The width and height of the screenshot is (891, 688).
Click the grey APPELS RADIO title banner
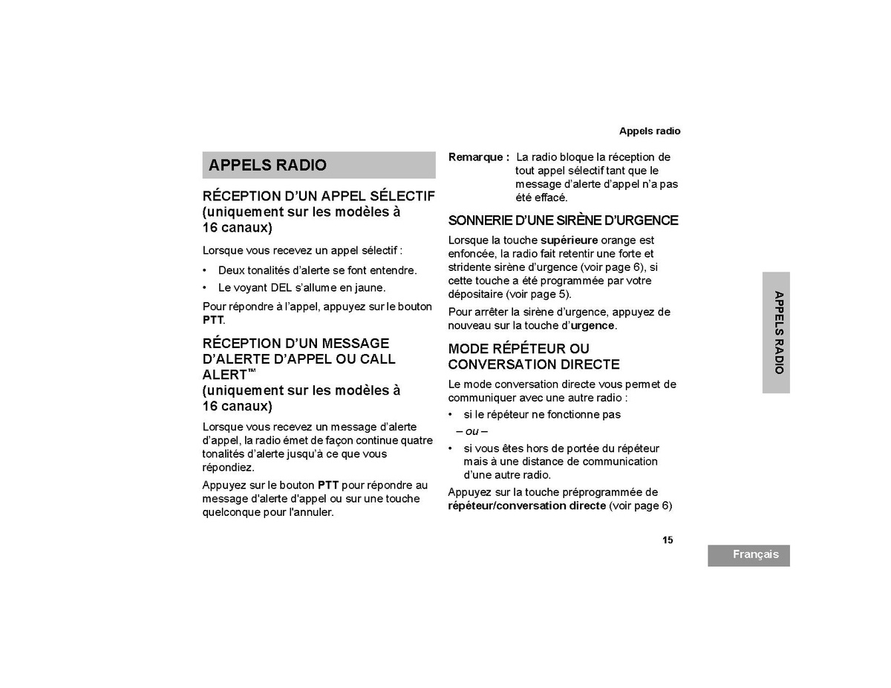click(319, 165)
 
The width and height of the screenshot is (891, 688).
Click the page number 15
click(668, 540)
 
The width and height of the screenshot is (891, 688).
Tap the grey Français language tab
click(748, 555)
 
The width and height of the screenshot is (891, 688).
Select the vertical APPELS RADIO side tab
click(776, 332)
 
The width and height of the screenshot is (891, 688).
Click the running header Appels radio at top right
click(650, 131)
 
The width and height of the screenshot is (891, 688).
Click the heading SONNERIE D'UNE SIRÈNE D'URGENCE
click(563, 220)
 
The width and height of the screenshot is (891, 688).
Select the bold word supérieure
click(569, 240)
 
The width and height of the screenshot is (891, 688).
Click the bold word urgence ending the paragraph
click(593, 326)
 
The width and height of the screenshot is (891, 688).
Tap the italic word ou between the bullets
click(471, 432)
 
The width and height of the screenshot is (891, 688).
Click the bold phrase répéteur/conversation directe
click(526, 506)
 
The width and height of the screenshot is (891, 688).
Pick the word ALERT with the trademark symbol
click(224, 375)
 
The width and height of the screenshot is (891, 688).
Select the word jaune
click(369, 288)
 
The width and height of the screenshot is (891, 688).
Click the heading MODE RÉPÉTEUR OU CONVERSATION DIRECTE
click(533, 356)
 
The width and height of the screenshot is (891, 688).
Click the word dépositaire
click(475, 295)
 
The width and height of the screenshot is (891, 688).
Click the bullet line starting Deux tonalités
click(317, 270)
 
